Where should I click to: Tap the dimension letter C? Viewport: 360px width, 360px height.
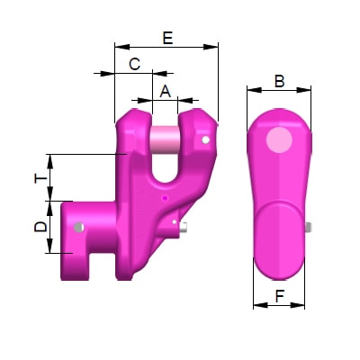click(134, 64)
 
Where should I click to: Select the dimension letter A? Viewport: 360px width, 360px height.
click(165, 90)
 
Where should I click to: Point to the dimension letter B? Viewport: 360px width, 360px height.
click(279, 81)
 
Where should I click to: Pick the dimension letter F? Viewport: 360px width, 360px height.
click(279, 293)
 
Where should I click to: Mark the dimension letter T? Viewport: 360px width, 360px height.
click(40, 178)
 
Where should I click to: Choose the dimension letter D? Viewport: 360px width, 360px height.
click(40, 227)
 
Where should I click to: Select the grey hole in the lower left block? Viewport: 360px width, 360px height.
click(80, 226)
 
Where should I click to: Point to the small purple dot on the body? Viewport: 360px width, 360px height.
click(166, 196)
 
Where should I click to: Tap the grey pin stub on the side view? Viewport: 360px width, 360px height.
click(310, 228)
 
